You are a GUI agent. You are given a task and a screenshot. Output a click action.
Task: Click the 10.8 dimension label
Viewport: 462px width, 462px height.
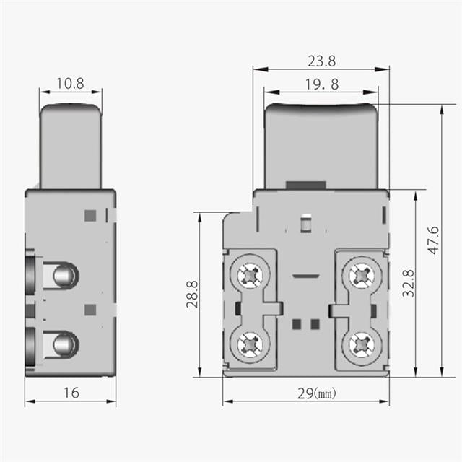(x=70, y=84)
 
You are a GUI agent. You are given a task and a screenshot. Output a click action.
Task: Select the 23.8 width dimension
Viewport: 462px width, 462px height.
(x=321, y=61)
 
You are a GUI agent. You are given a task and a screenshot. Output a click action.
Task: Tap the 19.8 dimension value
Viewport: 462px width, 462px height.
(x=322, y=84)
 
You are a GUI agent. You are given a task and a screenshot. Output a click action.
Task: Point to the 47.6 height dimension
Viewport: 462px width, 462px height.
(x=433, y=240)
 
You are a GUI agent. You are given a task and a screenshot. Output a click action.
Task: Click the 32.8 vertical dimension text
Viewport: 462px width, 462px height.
(x=408, y=283)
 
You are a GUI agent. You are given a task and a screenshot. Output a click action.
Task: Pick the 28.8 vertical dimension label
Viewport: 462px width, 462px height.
(x=192, y=295)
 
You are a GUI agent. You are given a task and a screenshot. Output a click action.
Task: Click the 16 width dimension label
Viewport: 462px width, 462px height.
(x=71, y=393)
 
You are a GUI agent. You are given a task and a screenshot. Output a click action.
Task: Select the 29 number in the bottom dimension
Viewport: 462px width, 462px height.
(x=305, y=393)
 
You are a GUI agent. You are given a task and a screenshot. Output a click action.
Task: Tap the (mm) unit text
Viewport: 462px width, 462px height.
(x=325, y=393)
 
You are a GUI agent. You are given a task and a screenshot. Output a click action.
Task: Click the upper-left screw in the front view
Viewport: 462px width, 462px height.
(x=250, y=276)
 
